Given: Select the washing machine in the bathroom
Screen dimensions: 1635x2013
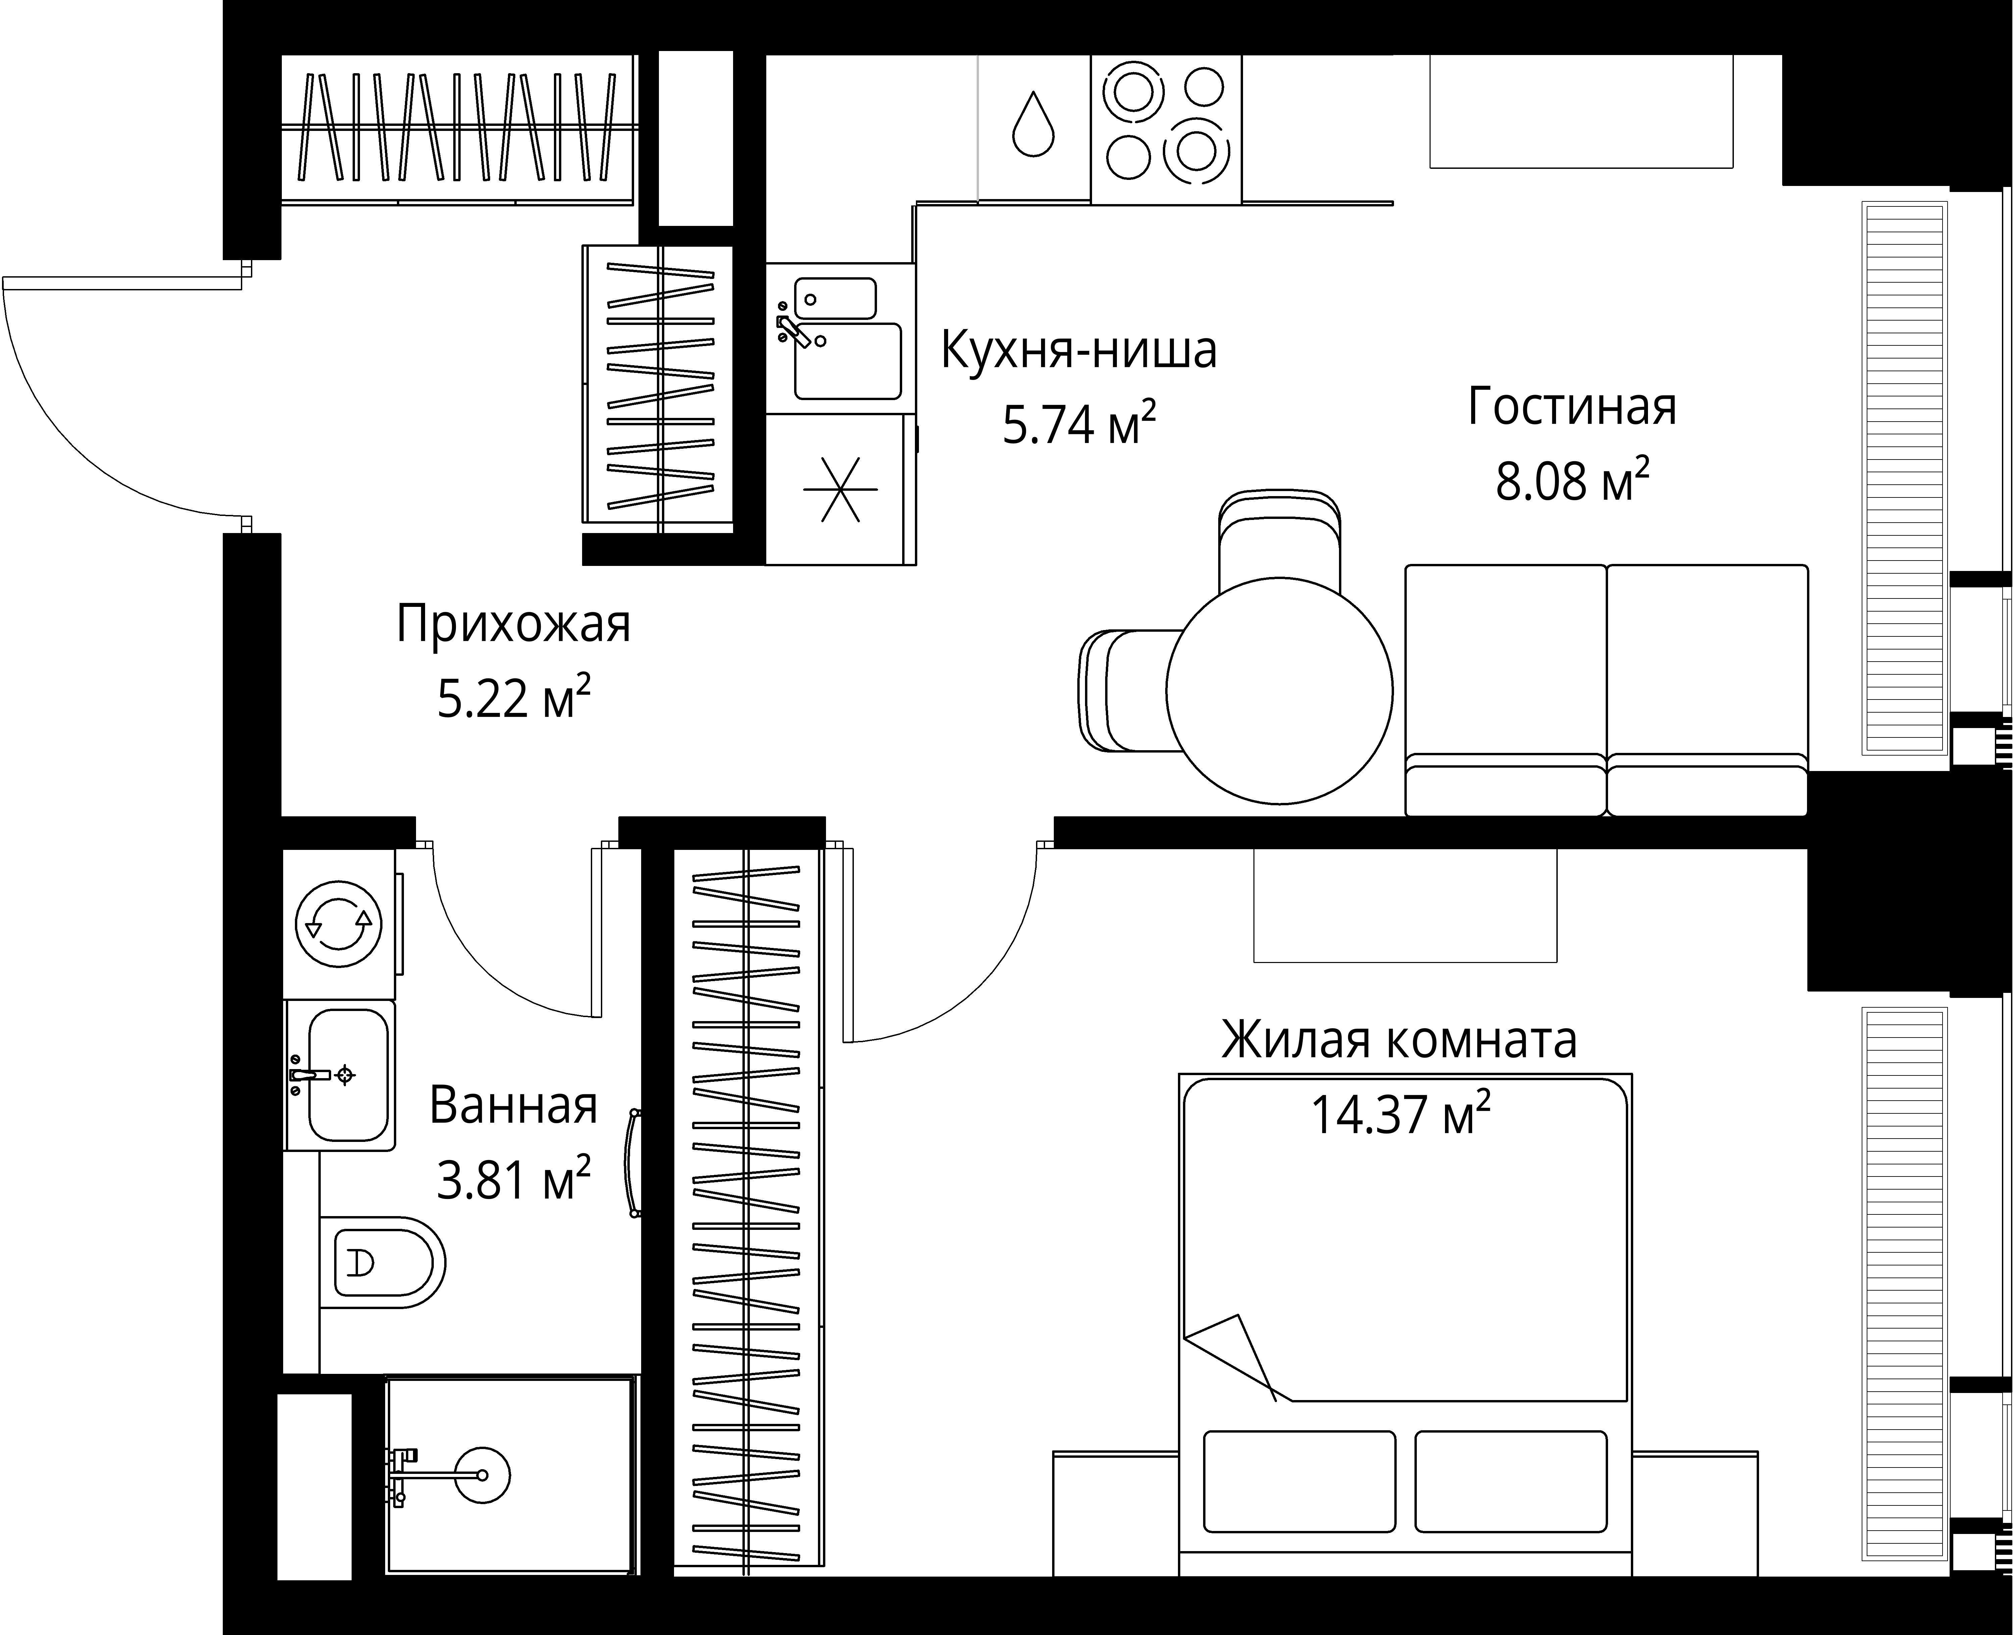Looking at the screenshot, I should [339, 924].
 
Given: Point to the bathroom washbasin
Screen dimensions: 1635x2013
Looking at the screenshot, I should [347, 1074].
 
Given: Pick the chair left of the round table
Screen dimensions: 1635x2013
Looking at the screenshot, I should [1125, 690].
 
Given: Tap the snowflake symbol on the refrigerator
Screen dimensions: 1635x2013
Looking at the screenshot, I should [840, 489].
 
